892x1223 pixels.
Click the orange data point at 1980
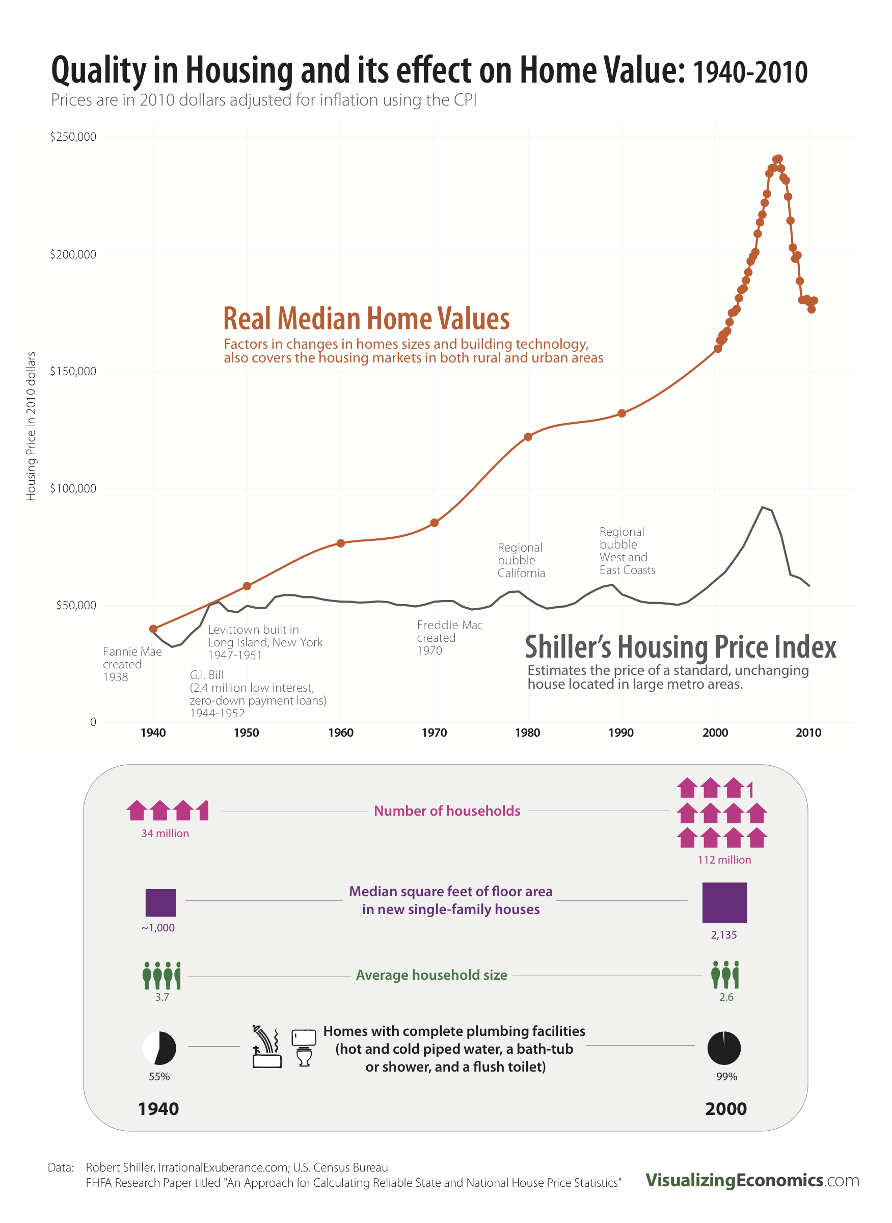(528, 436)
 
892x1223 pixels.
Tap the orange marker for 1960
(341, 543)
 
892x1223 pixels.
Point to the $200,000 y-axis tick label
(73, 254)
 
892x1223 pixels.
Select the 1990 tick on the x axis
(621, 733)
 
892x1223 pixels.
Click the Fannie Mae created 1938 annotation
(132, 664)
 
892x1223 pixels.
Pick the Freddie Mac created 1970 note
(449, 637)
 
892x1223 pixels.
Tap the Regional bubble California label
(521, 560)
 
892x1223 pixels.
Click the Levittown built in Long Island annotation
(264, 642)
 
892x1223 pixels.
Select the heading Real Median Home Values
(366, 319)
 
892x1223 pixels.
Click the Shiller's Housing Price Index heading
(681, 646)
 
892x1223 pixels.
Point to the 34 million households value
(165, 833)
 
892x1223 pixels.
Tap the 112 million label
(724, 860)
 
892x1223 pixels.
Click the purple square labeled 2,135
(724, 903)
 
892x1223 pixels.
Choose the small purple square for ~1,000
(160, 903)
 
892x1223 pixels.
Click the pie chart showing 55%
(159, 1048)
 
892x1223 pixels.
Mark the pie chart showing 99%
(723, 1048)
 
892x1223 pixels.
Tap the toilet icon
(304, 1048)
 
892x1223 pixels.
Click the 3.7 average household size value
(162, 997)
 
